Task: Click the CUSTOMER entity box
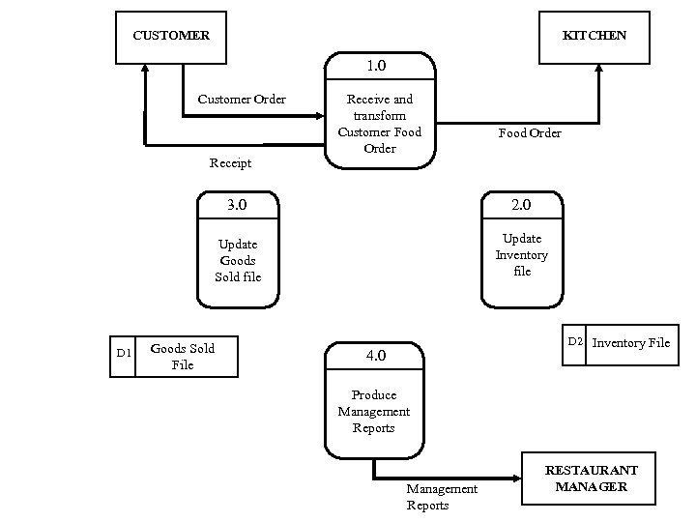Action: [x=170, y=37]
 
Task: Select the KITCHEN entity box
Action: [x=594, y=37]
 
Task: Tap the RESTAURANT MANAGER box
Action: [x=592, y=478]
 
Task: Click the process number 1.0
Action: [x=376, y=67]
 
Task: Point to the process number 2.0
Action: [x=522, y=205]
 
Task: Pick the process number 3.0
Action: [x=237, y=205]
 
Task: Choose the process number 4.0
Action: [x=375, y=356]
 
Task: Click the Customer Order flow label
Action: [x=242, y=99]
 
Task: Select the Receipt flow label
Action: [x=230, y=162]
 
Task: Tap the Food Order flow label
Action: [x=529, y=132]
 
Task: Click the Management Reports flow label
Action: [x=441, y=497]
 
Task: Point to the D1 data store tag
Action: [x=124, y=354]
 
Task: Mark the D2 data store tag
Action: [x=575, y=341]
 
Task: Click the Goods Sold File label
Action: [x=183, y=356]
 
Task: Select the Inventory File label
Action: [x=630, y=342]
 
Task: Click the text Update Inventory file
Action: [x=522, y=255]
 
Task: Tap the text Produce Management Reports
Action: [x=374, y=411]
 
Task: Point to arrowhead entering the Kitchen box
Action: [x=599, y=70]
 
